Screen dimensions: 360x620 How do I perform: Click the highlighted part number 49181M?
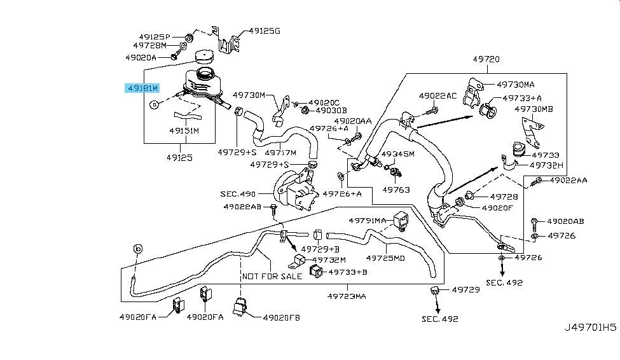141,88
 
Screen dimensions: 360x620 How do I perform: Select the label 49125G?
265,30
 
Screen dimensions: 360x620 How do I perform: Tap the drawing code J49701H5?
591,328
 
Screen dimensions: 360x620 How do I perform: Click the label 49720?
486,59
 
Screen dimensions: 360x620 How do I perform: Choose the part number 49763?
396,190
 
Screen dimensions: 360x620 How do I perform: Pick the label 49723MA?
347,296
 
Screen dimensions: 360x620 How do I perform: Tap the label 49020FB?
281,316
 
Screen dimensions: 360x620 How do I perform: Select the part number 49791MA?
367,220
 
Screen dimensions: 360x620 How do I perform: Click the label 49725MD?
387,258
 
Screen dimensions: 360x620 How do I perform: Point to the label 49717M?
280,153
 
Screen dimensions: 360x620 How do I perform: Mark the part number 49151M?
184,130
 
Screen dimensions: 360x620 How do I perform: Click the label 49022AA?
568,181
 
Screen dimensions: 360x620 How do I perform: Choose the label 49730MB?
534,109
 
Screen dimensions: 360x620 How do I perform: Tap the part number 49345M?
397,154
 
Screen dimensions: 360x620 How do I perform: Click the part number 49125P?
149,36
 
